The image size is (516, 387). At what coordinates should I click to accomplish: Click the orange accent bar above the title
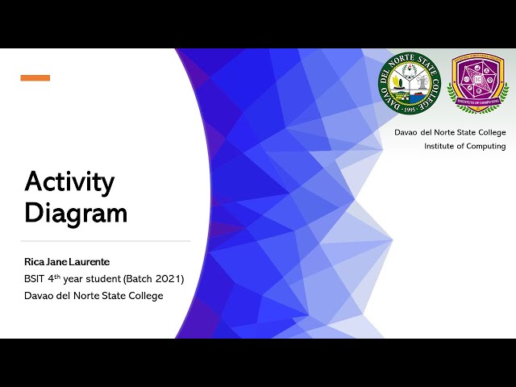click(35, 78)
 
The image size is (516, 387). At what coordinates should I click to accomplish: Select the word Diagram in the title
click(76, 213)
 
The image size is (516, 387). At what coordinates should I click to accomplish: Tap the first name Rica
click(35, 262)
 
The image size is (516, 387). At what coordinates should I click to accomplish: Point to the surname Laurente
click(89, 262)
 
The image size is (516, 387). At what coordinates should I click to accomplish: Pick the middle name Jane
click(59, 262)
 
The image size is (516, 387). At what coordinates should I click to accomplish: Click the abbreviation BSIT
click(35, 279)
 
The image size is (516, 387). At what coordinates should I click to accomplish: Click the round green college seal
click(410, 82)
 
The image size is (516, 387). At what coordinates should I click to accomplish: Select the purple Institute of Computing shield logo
click(478, 82)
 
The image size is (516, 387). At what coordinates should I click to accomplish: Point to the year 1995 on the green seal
click(410, 107)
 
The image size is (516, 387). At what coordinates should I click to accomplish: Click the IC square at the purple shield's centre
click(478, 80)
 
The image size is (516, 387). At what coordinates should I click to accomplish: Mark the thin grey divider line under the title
click(105, 241)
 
